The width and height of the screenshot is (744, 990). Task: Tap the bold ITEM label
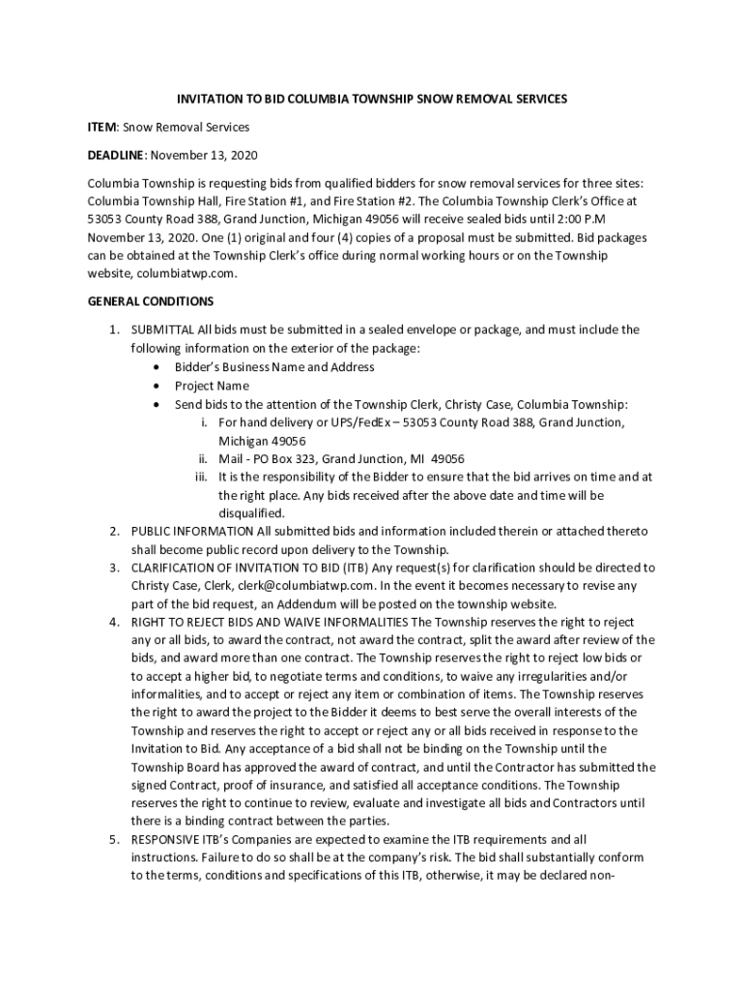tap(101, 128)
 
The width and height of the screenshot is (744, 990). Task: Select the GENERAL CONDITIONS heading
tap(151, 302)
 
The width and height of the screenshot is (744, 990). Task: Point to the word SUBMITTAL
tap(162, 330)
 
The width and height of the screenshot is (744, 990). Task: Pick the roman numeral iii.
tap(201, 477)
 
